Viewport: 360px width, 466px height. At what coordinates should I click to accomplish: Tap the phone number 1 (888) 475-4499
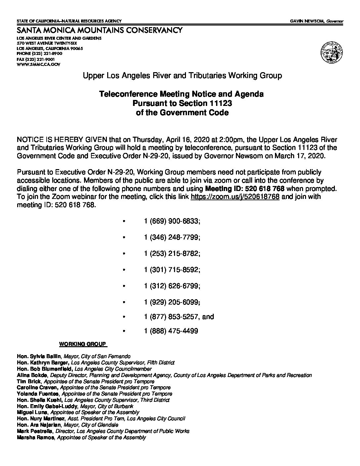tap(171, 331)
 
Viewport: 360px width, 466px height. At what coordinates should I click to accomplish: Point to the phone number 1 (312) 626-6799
tap(172, 286)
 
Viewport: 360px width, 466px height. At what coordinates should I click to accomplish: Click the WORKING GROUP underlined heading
tap(83, 344)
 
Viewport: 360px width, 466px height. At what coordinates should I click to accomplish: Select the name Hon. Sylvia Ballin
tap(39, 356)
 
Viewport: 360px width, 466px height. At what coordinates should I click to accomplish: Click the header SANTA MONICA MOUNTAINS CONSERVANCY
tap(99, 31)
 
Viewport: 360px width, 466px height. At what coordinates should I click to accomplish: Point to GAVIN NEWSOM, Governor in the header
tap(317, 21)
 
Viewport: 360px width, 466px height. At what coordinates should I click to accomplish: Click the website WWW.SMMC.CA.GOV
tap(38, 65)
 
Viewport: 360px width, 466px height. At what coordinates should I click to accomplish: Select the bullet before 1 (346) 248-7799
tap(124, 238)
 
